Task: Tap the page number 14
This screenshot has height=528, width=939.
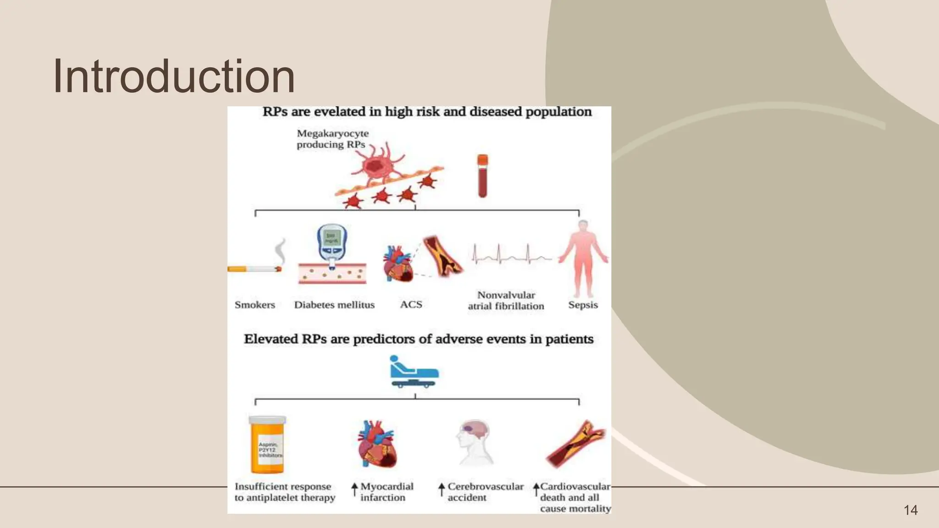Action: [x=910, y=510]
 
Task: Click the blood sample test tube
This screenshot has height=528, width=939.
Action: [x=482, y=176]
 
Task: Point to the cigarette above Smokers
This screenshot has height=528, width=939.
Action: [x=254, y=269]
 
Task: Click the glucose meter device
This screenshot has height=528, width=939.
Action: [x=332, y=243]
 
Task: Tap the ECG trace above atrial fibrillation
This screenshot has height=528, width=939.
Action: [x=511, y=256]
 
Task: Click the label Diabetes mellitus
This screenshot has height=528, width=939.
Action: [x=334, y=305]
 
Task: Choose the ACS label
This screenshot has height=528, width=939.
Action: [x=411, y=304]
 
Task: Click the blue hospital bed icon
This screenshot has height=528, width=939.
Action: [x=414, y=372]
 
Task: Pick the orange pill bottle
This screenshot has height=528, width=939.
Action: [x=267, y=445]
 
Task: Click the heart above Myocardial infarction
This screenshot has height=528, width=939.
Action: [x=377, y=444]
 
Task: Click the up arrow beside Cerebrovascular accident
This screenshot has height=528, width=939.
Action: [x=441, y=489]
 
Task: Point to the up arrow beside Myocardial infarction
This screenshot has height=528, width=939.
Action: [x=354, y=489]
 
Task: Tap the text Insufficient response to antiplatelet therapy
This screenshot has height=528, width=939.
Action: [x=284, y=492]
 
